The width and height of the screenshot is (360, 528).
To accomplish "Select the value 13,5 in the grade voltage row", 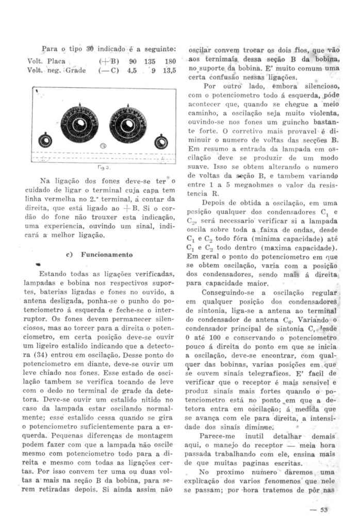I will click(170, 70).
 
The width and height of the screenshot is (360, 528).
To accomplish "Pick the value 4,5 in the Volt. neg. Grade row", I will click(131, 70).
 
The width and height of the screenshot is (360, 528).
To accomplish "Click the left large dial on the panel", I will click(79, 124).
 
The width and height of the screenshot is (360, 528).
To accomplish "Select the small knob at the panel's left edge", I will click(45, 140).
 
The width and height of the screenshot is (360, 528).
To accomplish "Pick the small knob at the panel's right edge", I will click(161, 140).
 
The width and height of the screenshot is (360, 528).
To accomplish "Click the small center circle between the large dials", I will click(104, 146).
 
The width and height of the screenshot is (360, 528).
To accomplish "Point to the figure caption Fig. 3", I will click(103, 168).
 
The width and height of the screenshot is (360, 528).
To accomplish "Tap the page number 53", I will click(324, 510).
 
